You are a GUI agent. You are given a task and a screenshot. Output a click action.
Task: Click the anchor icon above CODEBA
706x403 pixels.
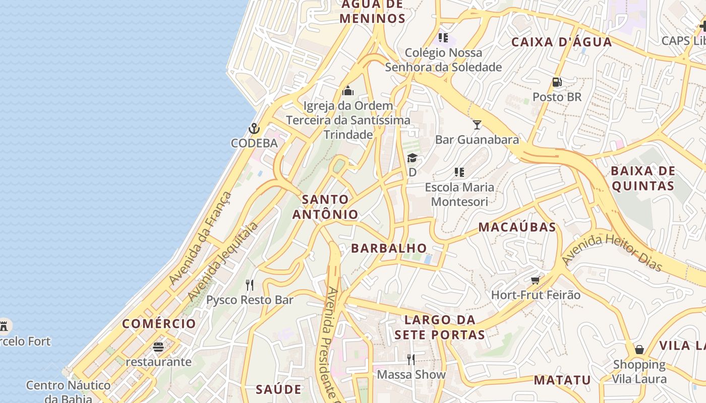click(254, 128)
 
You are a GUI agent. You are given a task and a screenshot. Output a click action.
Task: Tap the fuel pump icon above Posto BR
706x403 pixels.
click(557, 82)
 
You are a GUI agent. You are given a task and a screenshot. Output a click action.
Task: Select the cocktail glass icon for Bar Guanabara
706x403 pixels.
click(477, 124)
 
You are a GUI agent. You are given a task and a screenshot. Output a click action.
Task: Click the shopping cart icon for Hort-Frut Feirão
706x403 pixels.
click(536, 280)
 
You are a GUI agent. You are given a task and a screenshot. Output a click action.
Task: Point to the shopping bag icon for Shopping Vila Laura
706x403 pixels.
click(639, 349)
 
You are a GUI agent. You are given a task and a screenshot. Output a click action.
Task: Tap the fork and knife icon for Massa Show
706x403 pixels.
click(411, 359)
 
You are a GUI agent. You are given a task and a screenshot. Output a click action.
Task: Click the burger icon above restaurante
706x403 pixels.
click(158, 347)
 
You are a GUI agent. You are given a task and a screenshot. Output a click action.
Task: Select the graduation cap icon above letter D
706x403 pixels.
click(412, 158)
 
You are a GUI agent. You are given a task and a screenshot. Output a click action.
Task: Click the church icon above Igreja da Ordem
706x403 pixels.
click(348, 91)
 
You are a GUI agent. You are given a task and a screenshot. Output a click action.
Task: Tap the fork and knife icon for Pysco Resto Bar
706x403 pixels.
click(250, 285)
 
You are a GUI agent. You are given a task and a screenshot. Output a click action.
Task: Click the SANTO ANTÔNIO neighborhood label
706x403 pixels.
click(325, 207)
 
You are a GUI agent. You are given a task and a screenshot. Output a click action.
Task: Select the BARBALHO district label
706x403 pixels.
click(389, 248)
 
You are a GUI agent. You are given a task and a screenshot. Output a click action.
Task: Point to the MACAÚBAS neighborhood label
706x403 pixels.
click(517, 227)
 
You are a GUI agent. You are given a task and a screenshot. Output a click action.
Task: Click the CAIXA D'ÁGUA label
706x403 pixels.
click(562, 42)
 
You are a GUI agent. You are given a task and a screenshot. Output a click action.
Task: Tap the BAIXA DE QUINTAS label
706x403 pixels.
click(642, 178)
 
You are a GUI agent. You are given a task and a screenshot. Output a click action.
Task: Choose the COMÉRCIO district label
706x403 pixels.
click(159, 323)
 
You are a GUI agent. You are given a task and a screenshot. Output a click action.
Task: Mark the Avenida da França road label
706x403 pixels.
click(200, 238)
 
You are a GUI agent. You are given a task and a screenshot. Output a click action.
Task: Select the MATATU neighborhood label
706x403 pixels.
click(562, 380)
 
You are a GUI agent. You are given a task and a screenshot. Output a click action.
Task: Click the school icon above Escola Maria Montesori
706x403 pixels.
click(459, 172)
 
